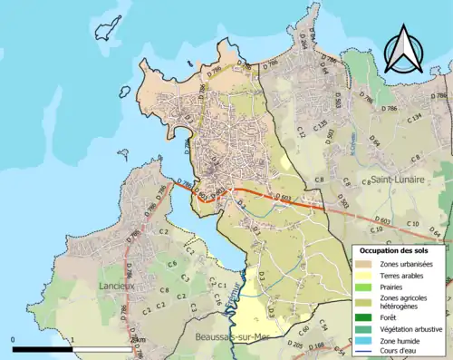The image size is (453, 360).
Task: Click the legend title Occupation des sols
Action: pos(395,249)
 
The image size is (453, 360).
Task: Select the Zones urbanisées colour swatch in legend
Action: pos(364,264)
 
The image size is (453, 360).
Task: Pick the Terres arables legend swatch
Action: pos(364,276)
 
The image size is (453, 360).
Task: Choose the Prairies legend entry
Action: pos(364,287)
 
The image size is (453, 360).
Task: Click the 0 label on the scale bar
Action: pos(14,339)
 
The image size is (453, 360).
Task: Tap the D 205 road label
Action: pos(295,345)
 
